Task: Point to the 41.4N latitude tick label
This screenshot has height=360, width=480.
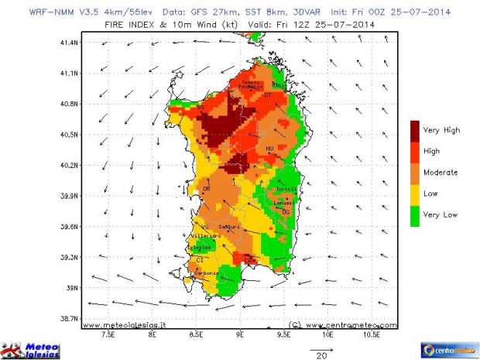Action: point(70,43)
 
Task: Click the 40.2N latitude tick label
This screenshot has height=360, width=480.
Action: point(70,165)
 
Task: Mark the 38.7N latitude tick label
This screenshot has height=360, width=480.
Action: point(70,318)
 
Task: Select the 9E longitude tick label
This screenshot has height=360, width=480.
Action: point(241,338)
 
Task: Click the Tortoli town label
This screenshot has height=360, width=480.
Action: point(286,190)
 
